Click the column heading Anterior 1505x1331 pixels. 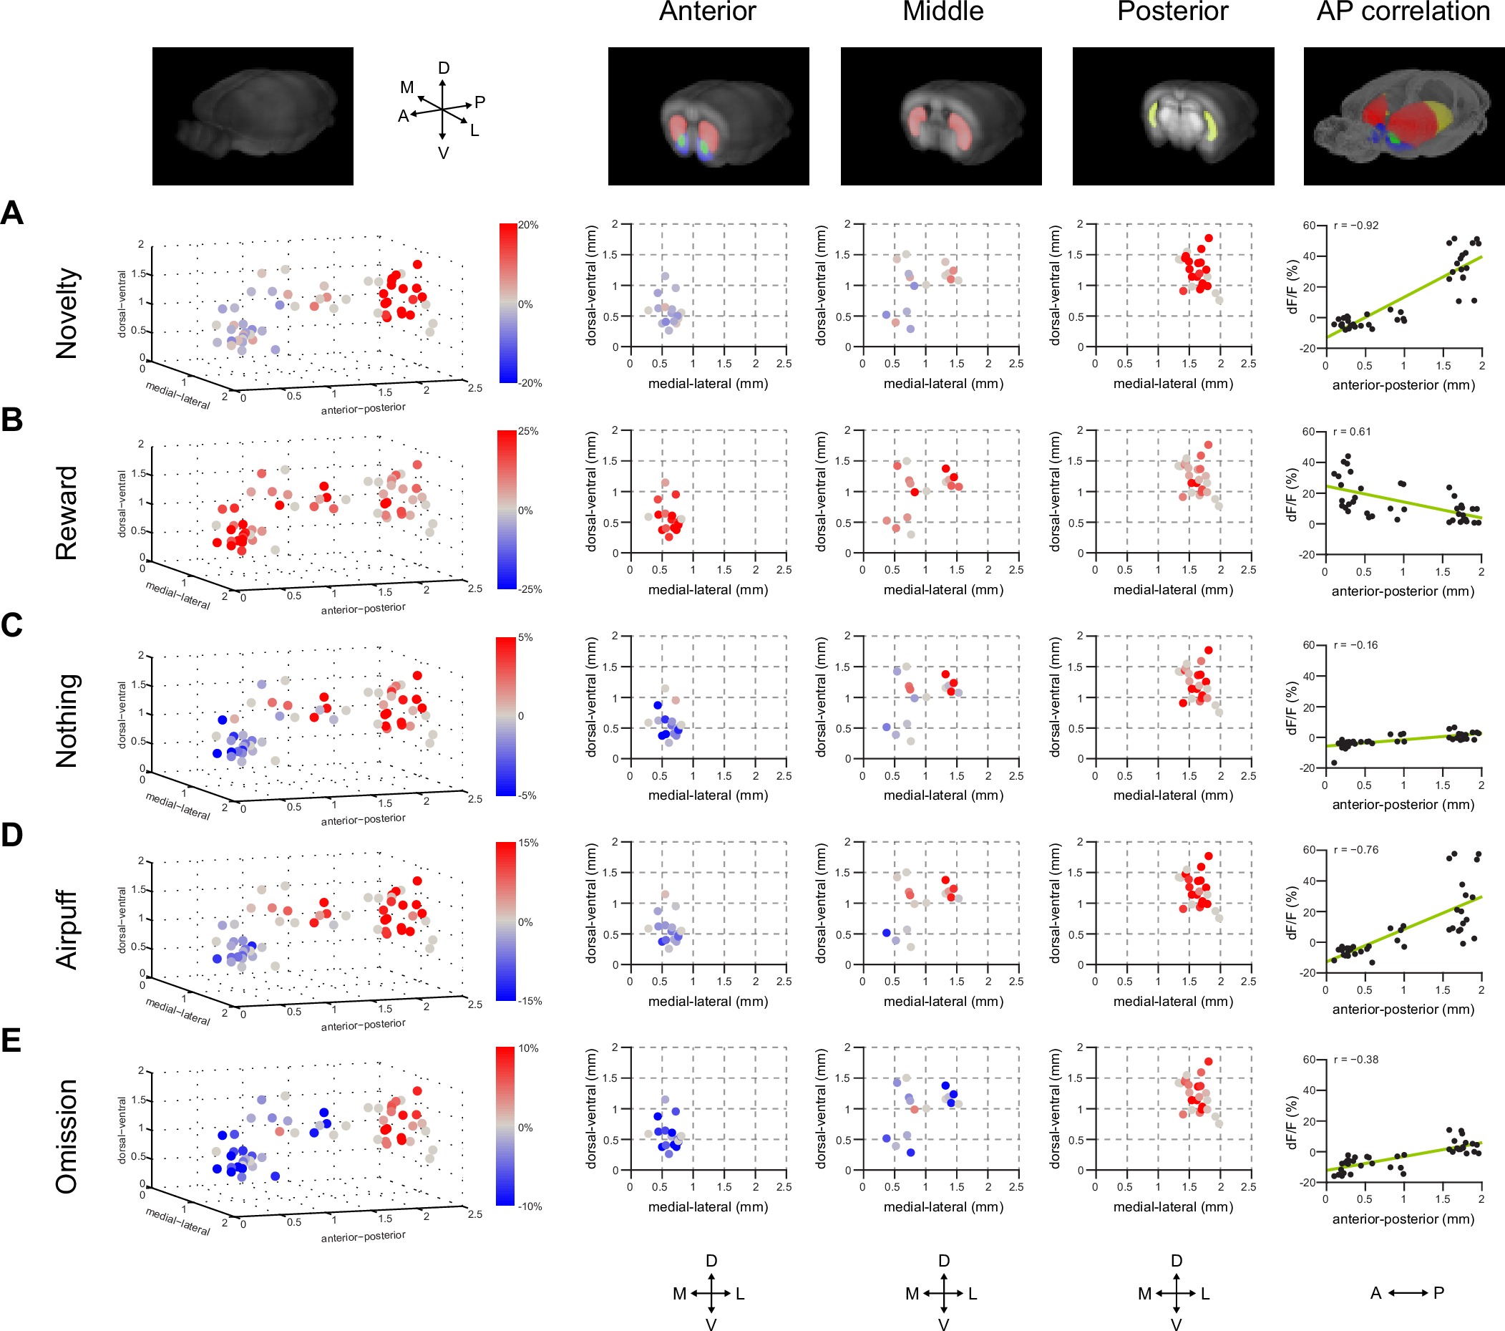tap(707, 11)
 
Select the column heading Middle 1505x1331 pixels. tap(943, 11)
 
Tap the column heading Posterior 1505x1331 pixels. tap(1172, 11)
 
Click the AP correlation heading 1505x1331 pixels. tap(1403, 11)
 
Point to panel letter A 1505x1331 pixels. tap(11, 213)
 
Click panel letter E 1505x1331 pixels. tap(11, 1041)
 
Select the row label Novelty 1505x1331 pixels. tap(67, 313)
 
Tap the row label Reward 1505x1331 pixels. tap(67, 513)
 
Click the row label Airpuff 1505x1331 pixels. tap(67, 929)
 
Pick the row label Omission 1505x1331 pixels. tap(67, 1136)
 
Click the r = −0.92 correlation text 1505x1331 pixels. tap(1355, 226)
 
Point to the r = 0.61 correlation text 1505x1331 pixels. tap(1353, 432)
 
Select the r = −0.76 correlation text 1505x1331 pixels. tap(1355, 850)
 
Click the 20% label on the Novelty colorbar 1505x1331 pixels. tap(528, 226)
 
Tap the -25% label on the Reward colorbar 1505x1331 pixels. tap(530, 589)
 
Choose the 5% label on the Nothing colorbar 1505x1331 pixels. tap(526, 638)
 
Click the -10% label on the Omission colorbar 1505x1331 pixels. tap(530, 1206)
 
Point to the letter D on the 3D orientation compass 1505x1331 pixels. tap(443, 69)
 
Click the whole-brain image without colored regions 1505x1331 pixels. tap(253, 116)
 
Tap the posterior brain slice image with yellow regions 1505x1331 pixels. tap(1173, 116)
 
